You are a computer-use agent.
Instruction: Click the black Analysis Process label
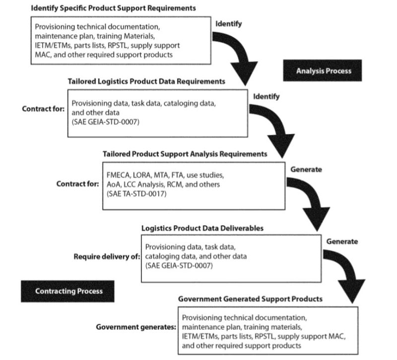(x=323, y=70)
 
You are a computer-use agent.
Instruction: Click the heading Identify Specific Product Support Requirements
(x=113, y=8)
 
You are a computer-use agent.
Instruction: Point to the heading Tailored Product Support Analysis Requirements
(x=185, y=154)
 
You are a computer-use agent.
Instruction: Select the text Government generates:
(x=136, y=328)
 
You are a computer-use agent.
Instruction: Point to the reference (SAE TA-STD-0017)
(x=136, y=193)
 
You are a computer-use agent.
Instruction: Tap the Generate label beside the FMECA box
(x=306, y=169)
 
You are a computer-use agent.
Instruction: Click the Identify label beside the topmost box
(x=228, y=23)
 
